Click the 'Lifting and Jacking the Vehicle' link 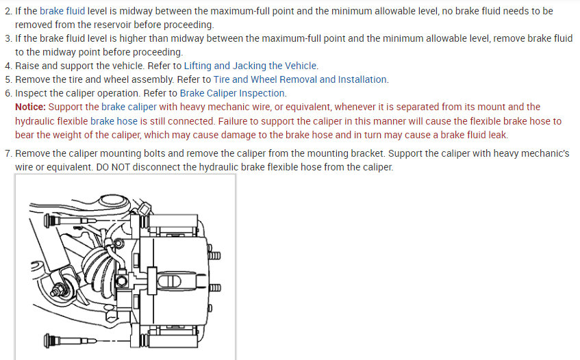[251, 66]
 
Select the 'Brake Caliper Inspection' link [233, 93]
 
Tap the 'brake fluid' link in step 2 [62, 12]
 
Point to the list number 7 [8, 153]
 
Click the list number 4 [8, 66]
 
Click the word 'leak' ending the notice [497, 135]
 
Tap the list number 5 [8, 79]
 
